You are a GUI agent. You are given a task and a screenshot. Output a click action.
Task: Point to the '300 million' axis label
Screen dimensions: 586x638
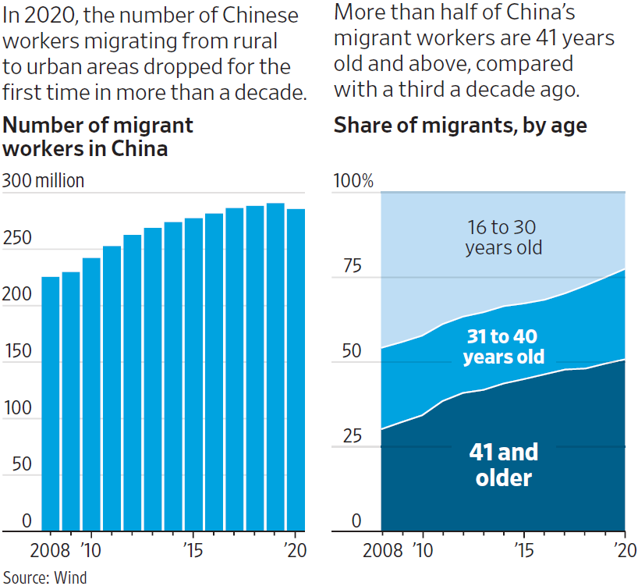[43, 181]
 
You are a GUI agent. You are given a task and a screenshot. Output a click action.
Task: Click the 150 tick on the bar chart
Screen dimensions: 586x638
[17, 350]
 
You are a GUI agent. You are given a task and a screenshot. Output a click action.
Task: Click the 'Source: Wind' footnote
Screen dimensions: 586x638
[44, 577]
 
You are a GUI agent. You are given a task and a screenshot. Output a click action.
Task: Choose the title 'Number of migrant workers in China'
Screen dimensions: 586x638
[98, 136]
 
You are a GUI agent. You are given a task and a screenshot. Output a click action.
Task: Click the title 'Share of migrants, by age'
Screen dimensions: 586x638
[460, 125]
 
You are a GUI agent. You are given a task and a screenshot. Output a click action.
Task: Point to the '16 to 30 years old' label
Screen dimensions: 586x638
[503, 237]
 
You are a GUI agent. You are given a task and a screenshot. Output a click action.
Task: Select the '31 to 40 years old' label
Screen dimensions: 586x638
[503, 346]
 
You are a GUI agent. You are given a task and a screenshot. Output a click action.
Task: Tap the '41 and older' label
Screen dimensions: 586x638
[503, 464]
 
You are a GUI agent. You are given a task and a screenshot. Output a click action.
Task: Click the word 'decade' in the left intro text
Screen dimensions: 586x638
[270, 94]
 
